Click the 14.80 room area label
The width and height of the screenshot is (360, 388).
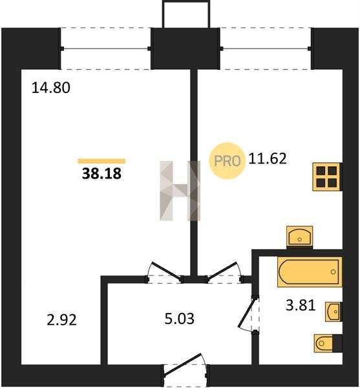[51, 88]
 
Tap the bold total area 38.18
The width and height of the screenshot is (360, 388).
[101, 173]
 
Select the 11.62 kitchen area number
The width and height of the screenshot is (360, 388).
[268, 158]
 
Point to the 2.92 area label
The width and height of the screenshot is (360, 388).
[61, 319]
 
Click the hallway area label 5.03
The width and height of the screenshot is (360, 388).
[180, 319]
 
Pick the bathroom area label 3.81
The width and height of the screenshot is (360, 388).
[301, 305]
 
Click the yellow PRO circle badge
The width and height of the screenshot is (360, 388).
[228, 161]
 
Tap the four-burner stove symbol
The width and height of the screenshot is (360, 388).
[327, 177]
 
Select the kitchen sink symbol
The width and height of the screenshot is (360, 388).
[300, 237]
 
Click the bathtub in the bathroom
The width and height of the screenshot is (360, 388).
[310, 272]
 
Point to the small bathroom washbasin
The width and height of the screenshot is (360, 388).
[334, 312]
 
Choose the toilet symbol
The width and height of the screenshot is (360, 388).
[328, 343]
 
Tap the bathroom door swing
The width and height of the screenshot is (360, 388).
[248, 314]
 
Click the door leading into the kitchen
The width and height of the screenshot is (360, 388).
[224, 272]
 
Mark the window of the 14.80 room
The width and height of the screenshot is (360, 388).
[105, 48]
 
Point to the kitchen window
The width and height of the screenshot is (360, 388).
[266, 48]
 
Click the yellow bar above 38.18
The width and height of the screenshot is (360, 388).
[101, 161]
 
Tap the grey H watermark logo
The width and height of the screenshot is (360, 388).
[180, 191]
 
